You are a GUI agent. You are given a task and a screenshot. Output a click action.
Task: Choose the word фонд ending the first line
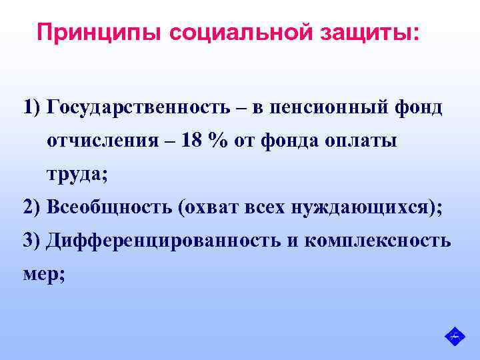422,107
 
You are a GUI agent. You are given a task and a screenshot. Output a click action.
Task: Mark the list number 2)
32,207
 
